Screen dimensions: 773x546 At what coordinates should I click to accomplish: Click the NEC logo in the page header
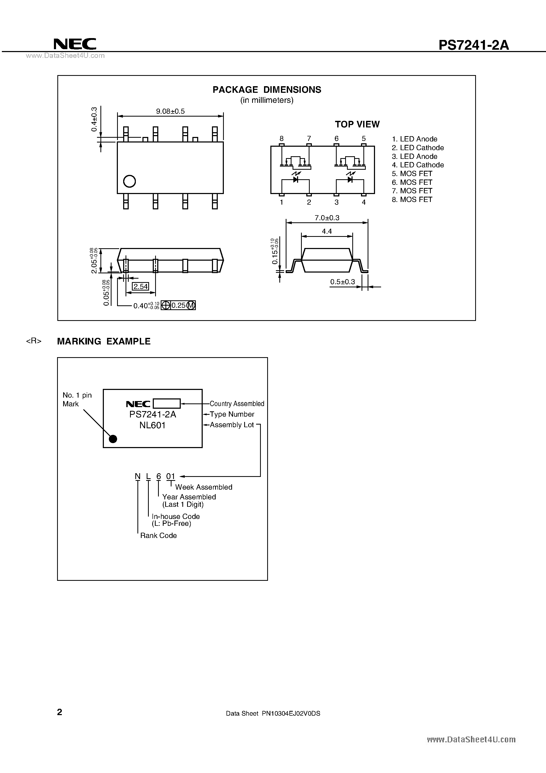point(75,44)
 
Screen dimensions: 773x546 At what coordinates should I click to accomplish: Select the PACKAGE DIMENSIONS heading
point(267,90)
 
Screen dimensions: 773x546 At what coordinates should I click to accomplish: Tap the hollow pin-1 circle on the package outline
point(129,181)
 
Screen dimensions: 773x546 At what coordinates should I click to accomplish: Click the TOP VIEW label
point(357,124)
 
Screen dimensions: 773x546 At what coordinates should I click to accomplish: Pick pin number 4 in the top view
point(364,202)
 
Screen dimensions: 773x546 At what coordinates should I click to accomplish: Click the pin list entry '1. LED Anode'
point(414,139)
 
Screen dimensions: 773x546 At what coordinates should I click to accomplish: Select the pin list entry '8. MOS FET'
point(412,200)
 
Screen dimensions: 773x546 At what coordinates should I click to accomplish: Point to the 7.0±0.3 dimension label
point(327,218)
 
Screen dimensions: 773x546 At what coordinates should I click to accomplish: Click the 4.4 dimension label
point(327,231)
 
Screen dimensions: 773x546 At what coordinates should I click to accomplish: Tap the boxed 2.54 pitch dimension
point(140,287)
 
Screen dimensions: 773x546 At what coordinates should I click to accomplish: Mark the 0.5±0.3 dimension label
point(342,282)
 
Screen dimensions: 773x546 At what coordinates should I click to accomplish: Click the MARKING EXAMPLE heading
point(104,341)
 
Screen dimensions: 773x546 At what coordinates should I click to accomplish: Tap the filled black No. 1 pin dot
point(113,439)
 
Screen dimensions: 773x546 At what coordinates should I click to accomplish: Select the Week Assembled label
point(204,487)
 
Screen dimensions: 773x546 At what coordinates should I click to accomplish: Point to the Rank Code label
point(158,536)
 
